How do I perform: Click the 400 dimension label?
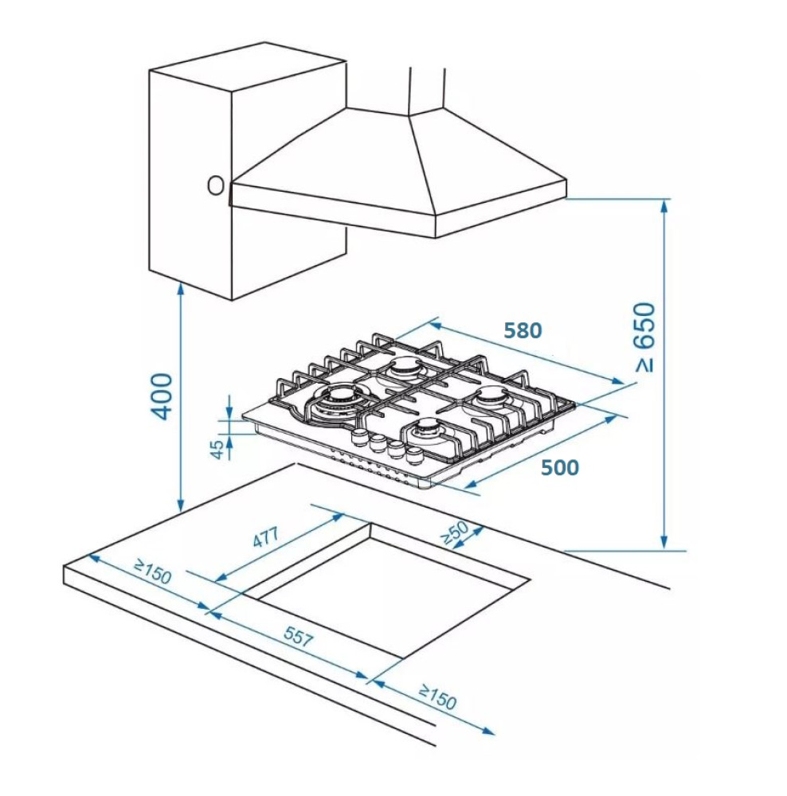(162, 395)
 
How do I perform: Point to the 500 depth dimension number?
(560, 468)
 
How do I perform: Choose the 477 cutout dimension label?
(266, 539)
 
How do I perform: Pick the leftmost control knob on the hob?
(360, 437)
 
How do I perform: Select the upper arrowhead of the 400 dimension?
(182, 288)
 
